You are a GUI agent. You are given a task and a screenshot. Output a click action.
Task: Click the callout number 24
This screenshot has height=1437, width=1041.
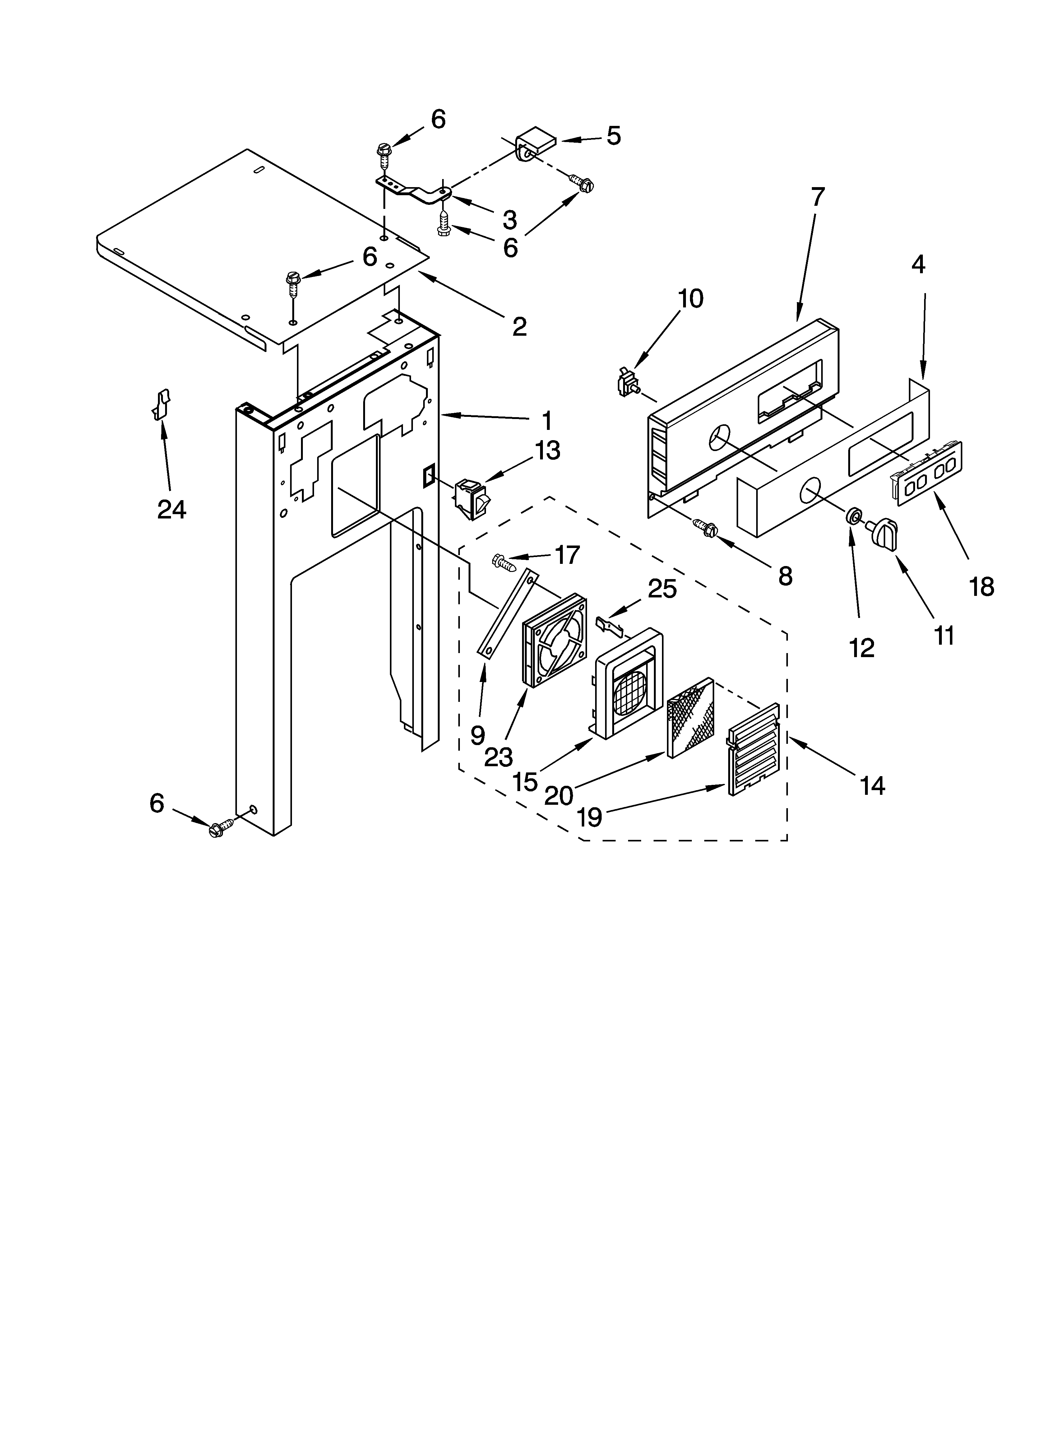pyautogui.click(x=171, y=509)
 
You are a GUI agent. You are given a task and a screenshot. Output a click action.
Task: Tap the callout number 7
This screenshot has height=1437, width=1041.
pyautogui.click(x=818, y=197)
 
